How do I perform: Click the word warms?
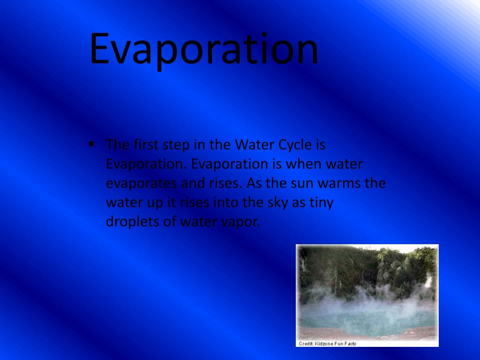(339, 184)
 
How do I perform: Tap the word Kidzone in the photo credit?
(325, 344)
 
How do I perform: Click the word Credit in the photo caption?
(306, 344)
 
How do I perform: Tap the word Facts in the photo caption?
(350, 344)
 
